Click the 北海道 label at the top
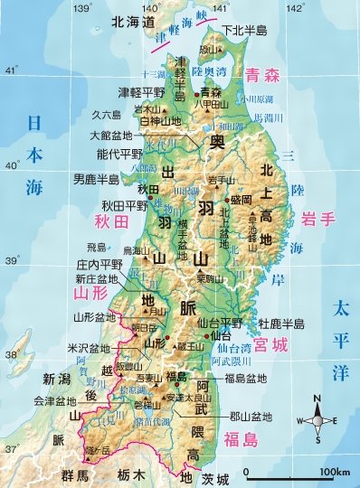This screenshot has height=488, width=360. point(107,21)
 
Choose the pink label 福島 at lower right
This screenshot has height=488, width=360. point(243,440)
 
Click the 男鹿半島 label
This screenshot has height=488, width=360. point(97,179)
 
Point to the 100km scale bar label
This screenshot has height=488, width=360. point(335,473)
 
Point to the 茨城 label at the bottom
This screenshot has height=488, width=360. point(217,476)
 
